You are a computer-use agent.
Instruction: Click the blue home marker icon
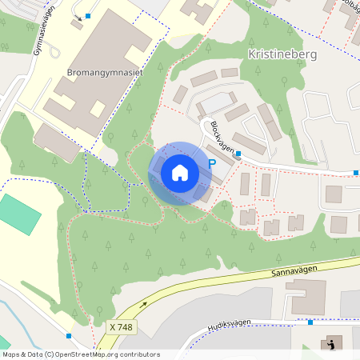click(180, 173)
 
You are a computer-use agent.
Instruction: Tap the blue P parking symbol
click(212, 164)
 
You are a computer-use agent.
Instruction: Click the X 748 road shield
click(121, 327)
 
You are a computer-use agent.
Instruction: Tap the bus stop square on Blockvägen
click(238, 154)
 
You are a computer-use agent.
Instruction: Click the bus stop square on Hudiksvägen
click(310, 322)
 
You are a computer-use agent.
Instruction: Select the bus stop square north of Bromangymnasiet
click(88, 16)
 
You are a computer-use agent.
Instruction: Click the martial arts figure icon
click(331, 345)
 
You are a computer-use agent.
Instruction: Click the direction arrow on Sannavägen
click(144, 304)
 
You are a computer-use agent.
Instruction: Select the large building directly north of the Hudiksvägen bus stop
click(308, 296)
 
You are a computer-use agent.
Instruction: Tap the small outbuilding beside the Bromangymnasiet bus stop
click(77, 24)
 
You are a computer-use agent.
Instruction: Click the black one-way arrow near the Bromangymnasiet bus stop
click(77, 15)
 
